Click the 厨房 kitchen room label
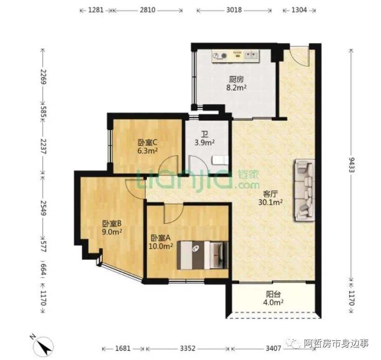pos(236,80)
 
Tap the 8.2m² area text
pos(237,88)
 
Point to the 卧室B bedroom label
pos(111,223)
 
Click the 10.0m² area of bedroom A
pos(161,246)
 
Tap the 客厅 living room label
pos(270,194)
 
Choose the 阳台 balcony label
pos(273,294)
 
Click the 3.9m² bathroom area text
pos(204,143)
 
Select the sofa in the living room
pos(305,190)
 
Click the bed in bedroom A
pos(203,255)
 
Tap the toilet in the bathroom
pos(220,161)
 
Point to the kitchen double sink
pos(252,55)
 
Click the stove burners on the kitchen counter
pos(220,56)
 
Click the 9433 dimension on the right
pos(352,165)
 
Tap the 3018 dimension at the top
pos(234,10)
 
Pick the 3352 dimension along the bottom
pos(188,348)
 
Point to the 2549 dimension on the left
pos(43,208)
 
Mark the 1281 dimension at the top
pos(96,10)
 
